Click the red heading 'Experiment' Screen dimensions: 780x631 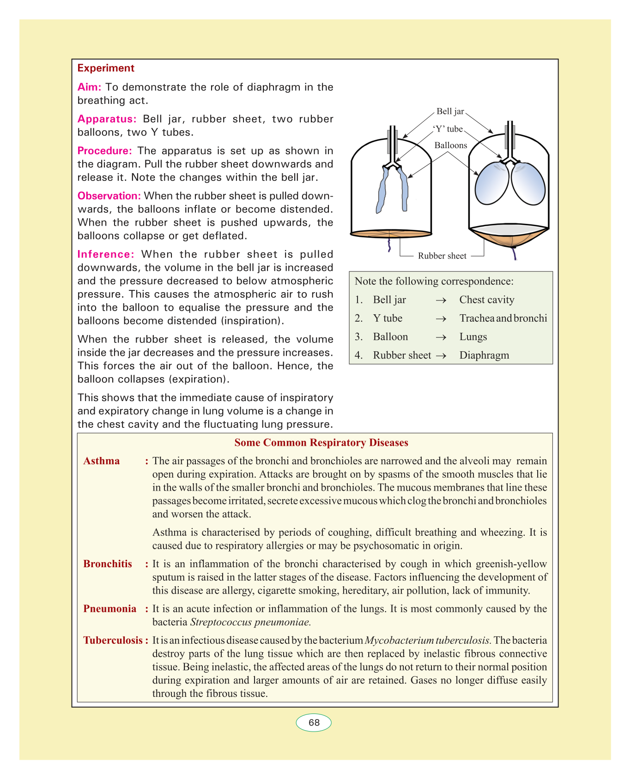point(106,68)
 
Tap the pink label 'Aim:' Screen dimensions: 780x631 point(89,87)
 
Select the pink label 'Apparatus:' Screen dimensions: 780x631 point(107,119)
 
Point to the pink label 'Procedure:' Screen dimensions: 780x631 point(105,151)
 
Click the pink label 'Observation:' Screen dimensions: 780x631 point(109,196)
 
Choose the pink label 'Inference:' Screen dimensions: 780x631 point(106,254)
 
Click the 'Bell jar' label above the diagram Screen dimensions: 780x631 point(450,111)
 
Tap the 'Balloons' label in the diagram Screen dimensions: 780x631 point(450,145)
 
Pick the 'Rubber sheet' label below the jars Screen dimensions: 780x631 point(442,256)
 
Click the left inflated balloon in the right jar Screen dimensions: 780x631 point(492,185)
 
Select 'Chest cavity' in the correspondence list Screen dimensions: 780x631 point(486,300)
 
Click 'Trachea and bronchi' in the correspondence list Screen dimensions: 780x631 point(503,318)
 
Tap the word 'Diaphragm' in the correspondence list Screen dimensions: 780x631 point(484,355)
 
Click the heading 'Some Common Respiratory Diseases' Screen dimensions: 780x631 point(321,443)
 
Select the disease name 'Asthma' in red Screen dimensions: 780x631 point(102,461)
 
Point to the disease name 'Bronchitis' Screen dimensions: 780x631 point(108,564)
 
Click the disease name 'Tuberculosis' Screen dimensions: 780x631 point(113,641)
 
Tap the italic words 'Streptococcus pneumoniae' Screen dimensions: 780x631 point(250,622)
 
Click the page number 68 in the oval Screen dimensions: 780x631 point(314,723)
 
